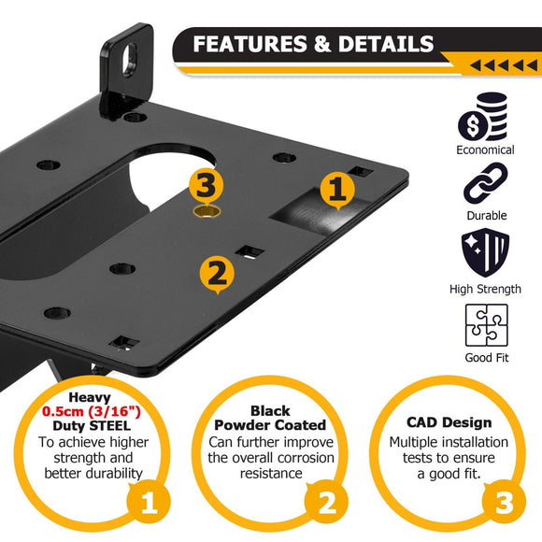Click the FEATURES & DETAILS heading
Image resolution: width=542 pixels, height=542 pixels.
(313, 44)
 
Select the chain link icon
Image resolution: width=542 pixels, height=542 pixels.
(485, 183)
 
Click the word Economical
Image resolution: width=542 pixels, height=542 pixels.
(485, 150)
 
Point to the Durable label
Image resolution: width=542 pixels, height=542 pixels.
(485, 216)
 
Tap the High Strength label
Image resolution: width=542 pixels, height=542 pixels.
(485, 289)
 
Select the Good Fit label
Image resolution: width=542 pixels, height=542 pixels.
(485, 358)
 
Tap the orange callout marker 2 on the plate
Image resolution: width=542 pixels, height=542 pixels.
(216, 273)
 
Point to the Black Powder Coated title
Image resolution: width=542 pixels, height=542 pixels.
(269, 418)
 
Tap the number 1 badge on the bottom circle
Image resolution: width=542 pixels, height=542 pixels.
(148, 506)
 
